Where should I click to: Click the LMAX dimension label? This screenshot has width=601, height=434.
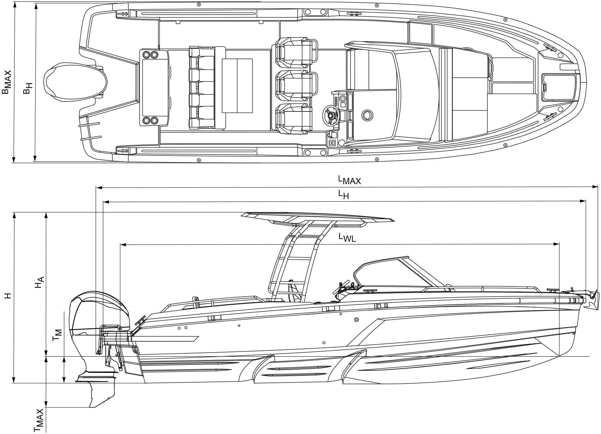point(349,180)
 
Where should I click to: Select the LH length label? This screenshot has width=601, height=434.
point(343,194)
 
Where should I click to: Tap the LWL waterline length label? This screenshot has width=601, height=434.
point(347,237)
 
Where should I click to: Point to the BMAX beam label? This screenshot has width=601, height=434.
point(7,82)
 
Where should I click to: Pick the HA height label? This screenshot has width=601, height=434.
point(39,282)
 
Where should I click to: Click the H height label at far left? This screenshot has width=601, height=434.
point(8,295)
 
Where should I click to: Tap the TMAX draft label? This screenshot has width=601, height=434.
point(40,420)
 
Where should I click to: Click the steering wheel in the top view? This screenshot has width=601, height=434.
point(330,115)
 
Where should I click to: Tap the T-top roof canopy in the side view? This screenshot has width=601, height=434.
point(316,217)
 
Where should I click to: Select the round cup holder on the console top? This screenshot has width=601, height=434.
point(367,115)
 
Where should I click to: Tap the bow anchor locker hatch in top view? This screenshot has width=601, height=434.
point(557,87)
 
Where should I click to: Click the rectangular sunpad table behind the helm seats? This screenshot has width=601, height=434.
point(237,86)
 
